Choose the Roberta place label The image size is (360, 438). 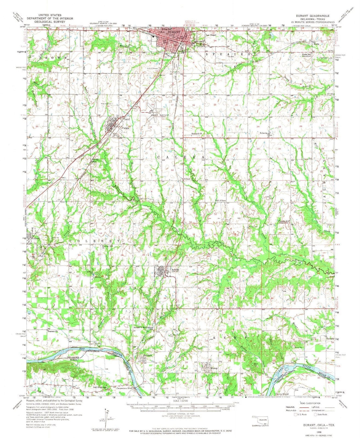point(265,133)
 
